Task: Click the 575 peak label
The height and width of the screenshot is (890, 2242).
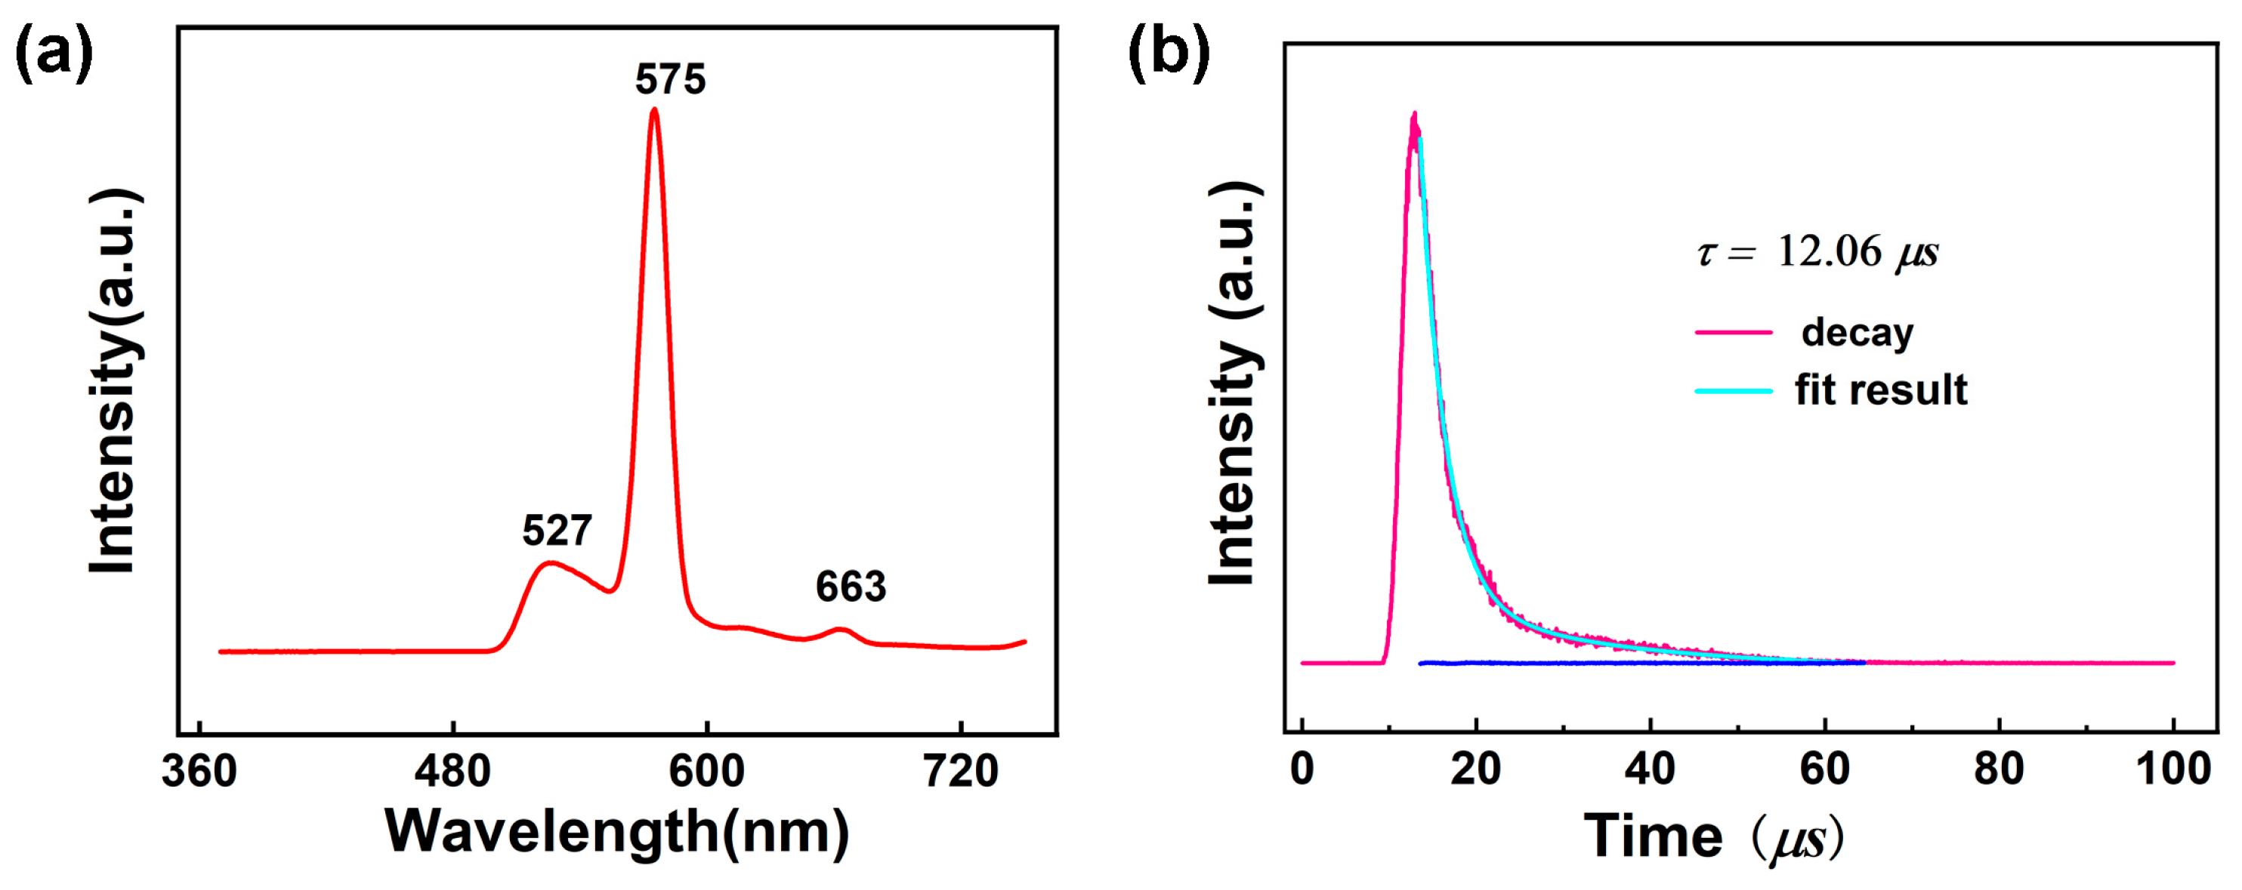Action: click(x=669, y=79)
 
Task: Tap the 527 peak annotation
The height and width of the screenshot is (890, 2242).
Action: click(x=557, y=530)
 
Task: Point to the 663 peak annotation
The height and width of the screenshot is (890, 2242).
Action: click(x=851, y=587)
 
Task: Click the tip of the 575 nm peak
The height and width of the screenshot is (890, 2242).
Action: click(x=654, y=109)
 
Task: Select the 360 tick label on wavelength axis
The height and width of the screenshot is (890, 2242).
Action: click(x=199, y=771)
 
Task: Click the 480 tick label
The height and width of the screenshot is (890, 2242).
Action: click(x=452, y=771)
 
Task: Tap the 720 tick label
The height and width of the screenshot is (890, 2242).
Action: click(x=960, y=771)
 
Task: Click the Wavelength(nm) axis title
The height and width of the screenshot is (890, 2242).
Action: click(x=617, y=832)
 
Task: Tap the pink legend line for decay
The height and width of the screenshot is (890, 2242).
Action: click(x=1734, y=332)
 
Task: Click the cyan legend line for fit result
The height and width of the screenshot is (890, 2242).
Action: click(x=1734, y=390)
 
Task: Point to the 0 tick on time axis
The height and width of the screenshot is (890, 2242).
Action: click(x=1302, y=768)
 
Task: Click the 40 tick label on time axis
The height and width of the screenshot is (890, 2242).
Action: click(x=1651, y=768)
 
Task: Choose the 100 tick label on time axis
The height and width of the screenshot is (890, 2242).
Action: click(x=2173, y=768)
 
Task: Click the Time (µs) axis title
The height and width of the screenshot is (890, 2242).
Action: click(x=1712, y=837)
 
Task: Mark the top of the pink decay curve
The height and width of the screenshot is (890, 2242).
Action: click(x=1414, y=114)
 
